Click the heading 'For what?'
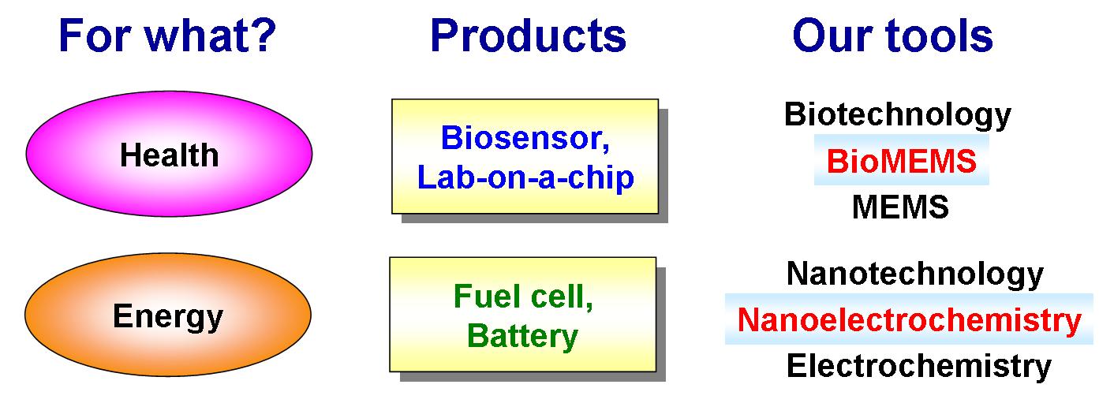[x=167, y=35]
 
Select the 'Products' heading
[x=528, y=35]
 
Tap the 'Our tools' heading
[x=892, y=35]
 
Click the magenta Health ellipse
[x=170, y=154]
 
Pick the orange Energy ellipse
[x=168, y=315]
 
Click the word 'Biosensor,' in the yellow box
[x=525, y=138]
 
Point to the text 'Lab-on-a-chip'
[x=525, y=177]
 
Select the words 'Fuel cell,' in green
[x=524, y=297]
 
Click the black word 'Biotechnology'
[x=898, y=114]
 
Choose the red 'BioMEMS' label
[x=902, y=161]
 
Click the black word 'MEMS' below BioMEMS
[x=900, y=207]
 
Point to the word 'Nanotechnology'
[x=915, y=274]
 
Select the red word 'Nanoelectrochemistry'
[x=910, y=320]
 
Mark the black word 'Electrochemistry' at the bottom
[x=919, y=366]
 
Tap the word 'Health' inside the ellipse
[x=170, y=155]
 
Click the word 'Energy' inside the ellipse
[x=168, y=317]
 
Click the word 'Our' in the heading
[x=832, y=35]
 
